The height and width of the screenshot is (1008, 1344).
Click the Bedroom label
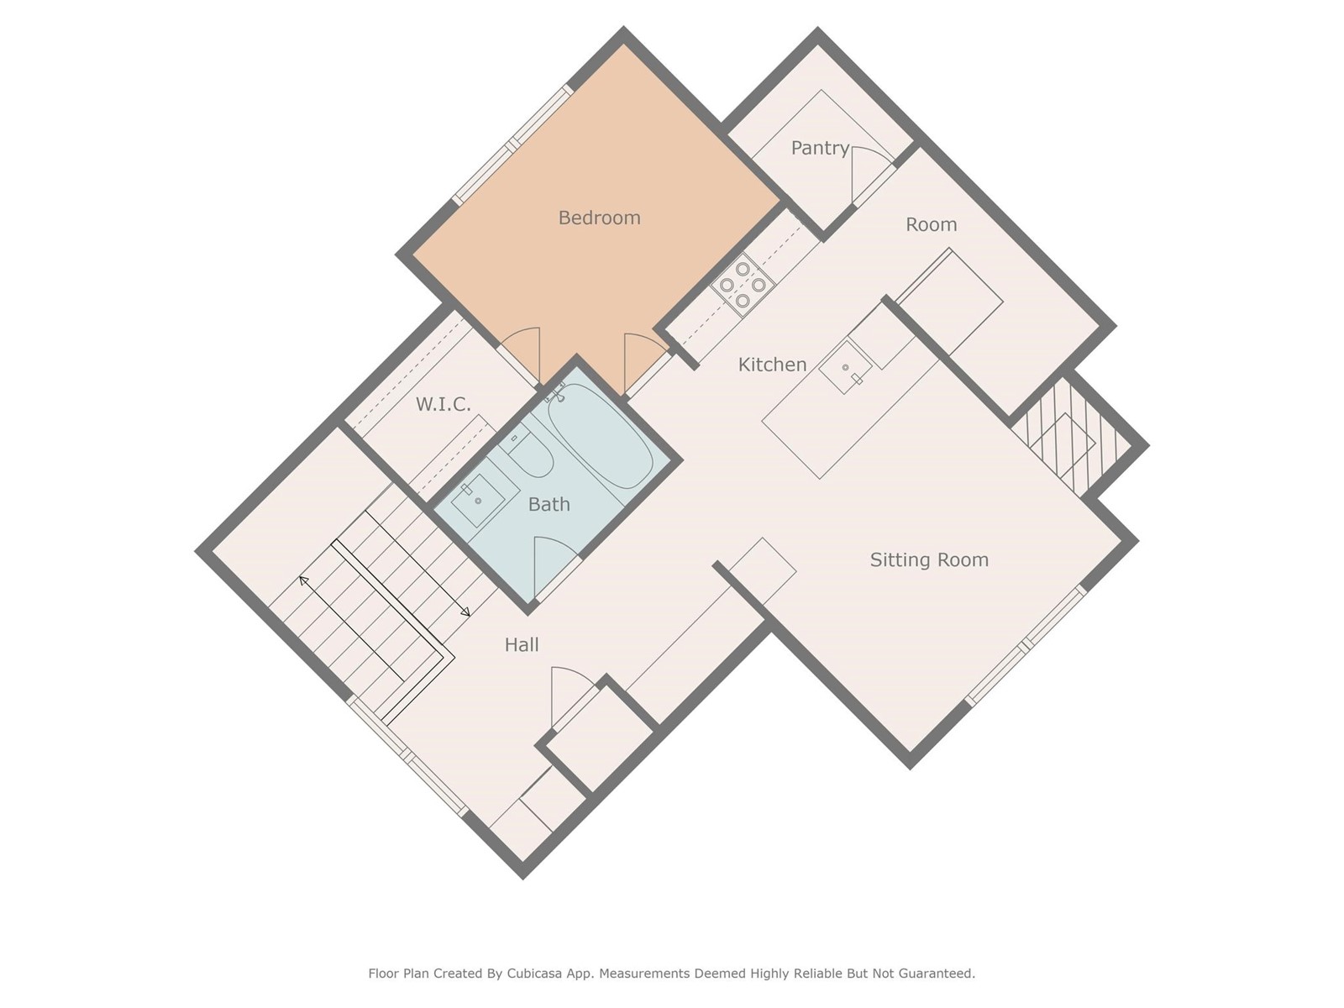tap(600, 218)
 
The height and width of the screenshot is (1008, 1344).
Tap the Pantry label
tap(820, 148)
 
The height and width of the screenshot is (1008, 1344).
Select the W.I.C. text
tap(444, 405)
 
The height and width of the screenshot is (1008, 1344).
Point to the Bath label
tap(549, 504)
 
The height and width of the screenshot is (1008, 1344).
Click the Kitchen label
tap(772, 365)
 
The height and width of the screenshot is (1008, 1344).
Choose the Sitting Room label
tap(929, 560)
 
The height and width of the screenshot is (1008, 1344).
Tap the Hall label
tap(522, 644)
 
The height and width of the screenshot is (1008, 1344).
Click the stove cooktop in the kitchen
tap(743, 285)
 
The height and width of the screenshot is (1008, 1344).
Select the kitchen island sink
tap(846, 367)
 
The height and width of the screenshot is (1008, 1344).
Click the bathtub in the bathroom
tap(601, 436)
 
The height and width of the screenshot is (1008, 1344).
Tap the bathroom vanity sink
tap(478, 501)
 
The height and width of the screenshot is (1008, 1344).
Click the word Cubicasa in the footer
tap(534, 974)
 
